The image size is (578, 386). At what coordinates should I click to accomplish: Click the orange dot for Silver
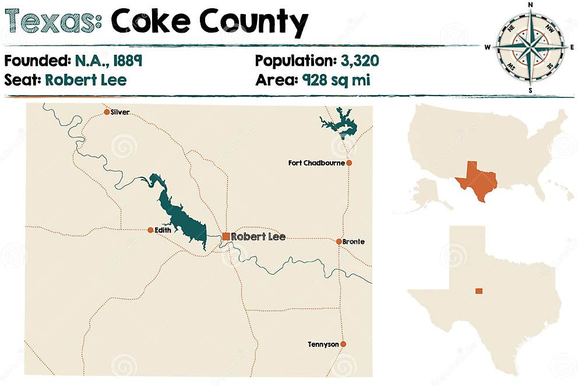pos(107,112)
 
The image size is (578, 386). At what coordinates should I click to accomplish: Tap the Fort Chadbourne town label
pos(316,163)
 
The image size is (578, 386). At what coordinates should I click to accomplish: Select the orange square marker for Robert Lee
pos(226,236)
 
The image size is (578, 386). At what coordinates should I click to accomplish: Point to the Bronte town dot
pos(339,241)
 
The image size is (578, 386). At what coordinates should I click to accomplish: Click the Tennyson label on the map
pos(323,345)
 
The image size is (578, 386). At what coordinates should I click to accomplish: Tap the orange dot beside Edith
pos(150,230)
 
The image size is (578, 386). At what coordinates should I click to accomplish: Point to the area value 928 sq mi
pos(336,79)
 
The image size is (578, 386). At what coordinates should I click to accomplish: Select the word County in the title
pos(254,23)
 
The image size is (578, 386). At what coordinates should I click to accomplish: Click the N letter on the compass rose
pos(530,5)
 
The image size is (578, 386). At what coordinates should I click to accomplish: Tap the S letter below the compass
pos(530,91)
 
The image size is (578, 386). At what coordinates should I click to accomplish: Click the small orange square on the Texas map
pos(479,291)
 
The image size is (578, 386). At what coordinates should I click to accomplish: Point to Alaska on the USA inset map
pos(428,191)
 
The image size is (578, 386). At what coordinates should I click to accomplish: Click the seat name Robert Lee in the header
pos(86,79)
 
